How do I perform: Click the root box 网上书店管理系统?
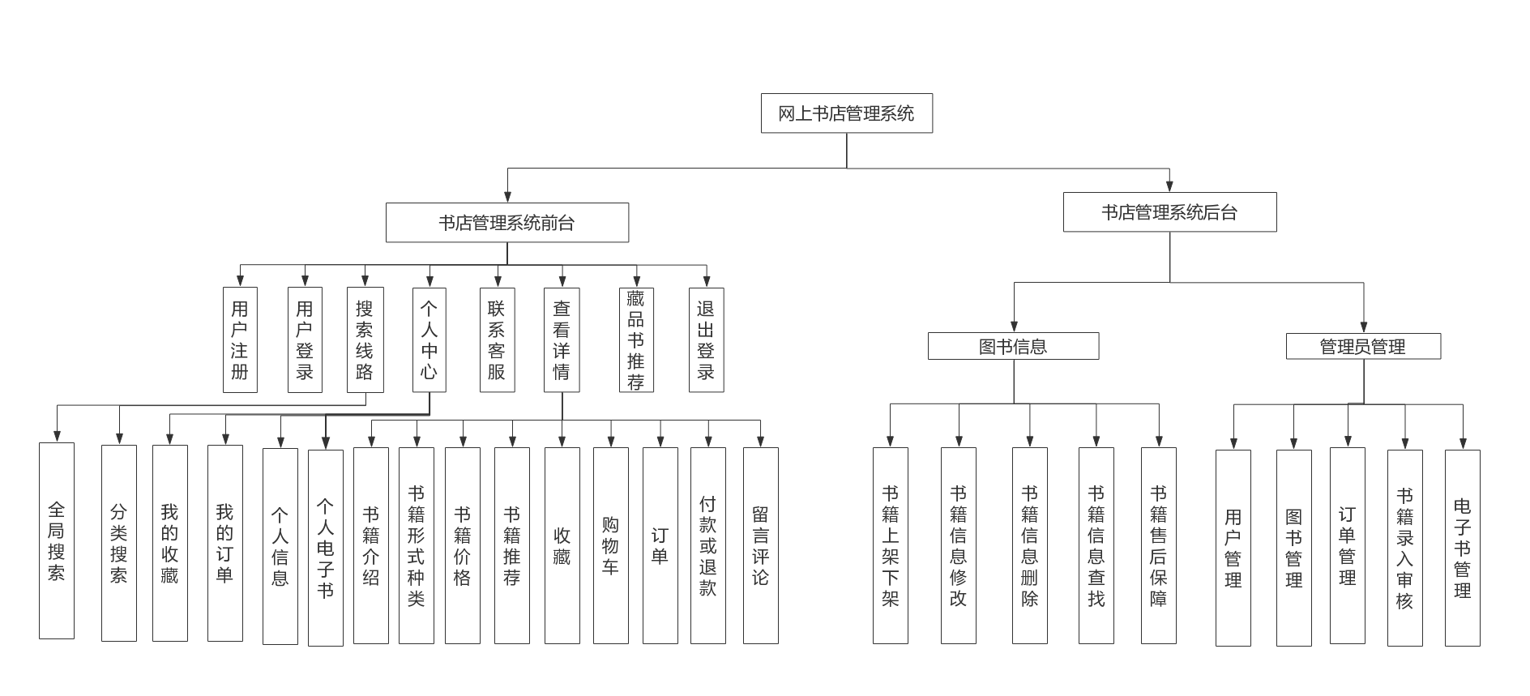[846, 113]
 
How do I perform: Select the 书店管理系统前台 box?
[506, 223]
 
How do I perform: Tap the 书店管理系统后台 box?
[1169, 212]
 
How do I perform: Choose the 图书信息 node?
[1013, 346]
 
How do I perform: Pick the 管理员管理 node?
[1363, 346]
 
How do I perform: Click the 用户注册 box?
[240, 340]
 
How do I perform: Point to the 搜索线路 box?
[365, 340]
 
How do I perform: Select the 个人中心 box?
[429, 340]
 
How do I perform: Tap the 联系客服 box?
[497, 340]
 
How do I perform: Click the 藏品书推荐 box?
[636, 340]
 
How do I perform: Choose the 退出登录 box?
[706, 340]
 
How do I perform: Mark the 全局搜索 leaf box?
[57, 540]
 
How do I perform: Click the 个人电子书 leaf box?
[325, 548]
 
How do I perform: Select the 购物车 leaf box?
[610, 545]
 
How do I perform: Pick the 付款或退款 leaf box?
[707, 545]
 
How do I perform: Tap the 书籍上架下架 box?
[890, 545]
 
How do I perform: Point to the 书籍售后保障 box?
[1158, 545]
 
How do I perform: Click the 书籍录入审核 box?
[1404, 548]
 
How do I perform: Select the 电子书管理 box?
[1462, 548]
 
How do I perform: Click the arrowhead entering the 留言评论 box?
[760, 442]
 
